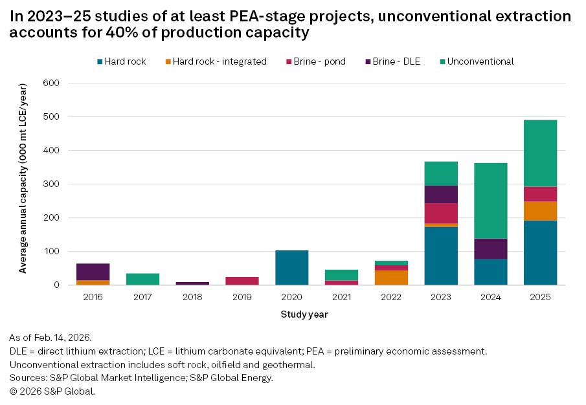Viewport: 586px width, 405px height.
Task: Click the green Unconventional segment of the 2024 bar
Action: point(491,201)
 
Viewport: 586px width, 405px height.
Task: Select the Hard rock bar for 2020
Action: point(292,267)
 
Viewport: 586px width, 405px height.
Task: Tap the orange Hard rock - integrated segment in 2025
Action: point(540,210)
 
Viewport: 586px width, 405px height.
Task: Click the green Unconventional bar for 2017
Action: point(142,279)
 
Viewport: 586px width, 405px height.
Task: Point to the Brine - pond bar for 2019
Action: point(242,281)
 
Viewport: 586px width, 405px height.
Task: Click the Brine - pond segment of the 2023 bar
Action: point(441,213)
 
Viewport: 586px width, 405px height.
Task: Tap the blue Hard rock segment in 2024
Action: point(491,272)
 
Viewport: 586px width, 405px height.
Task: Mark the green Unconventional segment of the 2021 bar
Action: point(342,275)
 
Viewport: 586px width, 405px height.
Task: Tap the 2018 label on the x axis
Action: point(192,297)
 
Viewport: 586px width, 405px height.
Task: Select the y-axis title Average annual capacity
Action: point(23,184)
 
